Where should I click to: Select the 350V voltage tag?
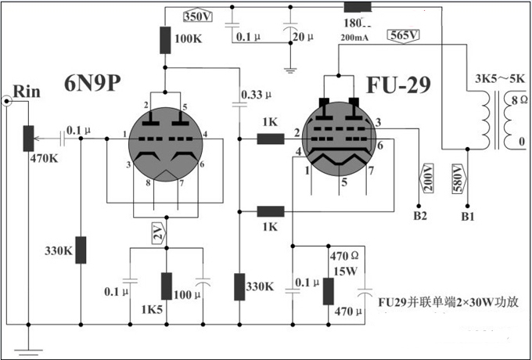tap(197, 16)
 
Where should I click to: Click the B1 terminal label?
tap(468, 213)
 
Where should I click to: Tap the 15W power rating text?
tap(344, 270)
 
